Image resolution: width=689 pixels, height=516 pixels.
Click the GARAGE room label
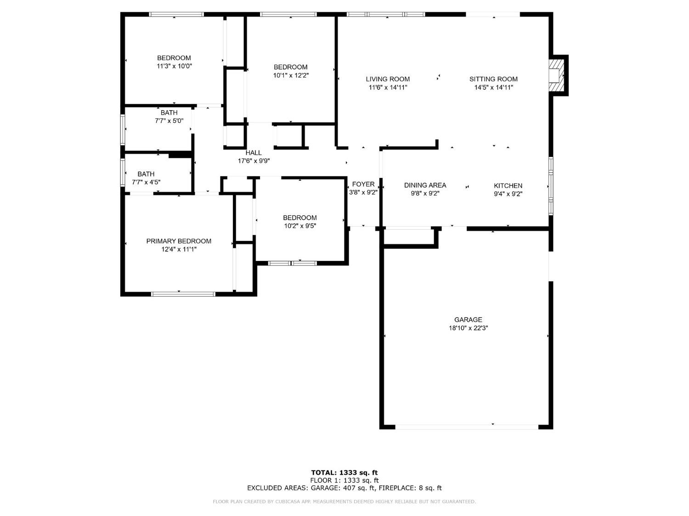click(468, 320)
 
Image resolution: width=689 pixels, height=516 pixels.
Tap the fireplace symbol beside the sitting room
click(557, 75)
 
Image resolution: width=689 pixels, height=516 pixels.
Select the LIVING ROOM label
click(388, 79)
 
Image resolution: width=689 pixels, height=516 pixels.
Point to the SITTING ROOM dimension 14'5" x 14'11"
click(493, 87)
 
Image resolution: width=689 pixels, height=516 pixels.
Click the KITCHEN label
click(508, 185)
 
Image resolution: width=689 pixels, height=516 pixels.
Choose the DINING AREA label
click(425, 185)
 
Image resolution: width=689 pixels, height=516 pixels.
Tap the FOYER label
click(363, 184)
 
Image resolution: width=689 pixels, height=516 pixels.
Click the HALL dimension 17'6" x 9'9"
click(254, 161)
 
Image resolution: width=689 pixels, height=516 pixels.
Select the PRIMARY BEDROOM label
click(179, 241)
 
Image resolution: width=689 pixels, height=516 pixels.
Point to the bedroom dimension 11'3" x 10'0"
click(174, 66)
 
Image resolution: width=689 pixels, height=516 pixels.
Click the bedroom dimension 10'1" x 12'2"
click(290, 75)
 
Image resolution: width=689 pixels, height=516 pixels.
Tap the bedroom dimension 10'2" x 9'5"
click(299, 226)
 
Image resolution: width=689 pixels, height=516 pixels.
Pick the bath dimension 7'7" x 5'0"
click(169, 121)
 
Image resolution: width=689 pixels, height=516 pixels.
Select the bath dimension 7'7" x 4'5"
click(146, 182)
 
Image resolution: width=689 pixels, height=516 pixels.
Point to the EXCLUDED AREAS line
click(344, 488)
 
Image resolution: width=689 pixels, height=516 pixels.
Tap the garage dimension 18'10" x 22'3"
click(468, 328)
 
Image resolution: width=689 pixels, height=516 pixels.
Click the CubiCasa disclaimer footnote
click(344, 502)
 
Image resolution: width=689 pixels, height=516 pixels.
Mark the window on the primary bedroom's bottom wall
click(183, 294)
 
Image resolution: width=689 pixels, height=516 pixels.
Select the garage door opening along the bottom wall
click(467, 427)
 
